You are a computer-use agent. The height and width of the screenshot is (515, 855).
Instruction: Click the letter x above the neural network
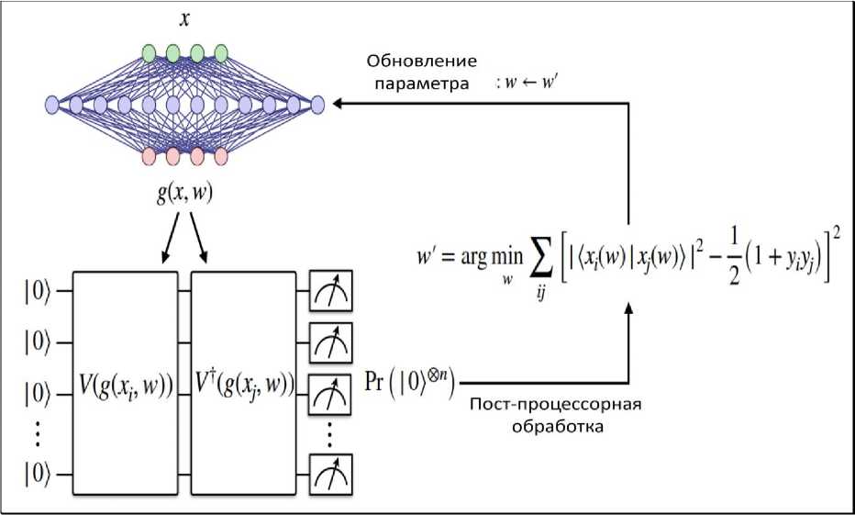pyautogui.click(x=184, y=19)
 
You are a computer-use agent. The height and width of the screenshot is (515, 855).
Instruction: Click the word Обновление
pyautogui.click(x=422, y=62)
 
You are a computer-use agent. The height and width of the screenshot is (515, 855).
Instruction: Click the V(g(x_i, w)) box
pyautogui.click(x=126, y=382)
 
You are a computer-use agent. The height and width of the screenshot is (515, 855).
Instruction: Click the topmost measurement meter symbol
pyautogui.click(x=330, y=292)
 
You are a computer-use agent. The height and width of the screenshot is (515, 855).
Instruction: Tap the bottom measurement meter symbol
pyautogui.click(x=330, y=474)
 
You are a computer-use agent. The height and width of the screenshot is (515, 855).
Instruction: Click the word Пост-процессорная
pyautogui.click(x=555, y=407)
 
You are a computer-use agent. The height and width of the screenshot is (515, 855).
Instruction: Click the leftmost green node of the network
pyautogui.click(x=150, y=51)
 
